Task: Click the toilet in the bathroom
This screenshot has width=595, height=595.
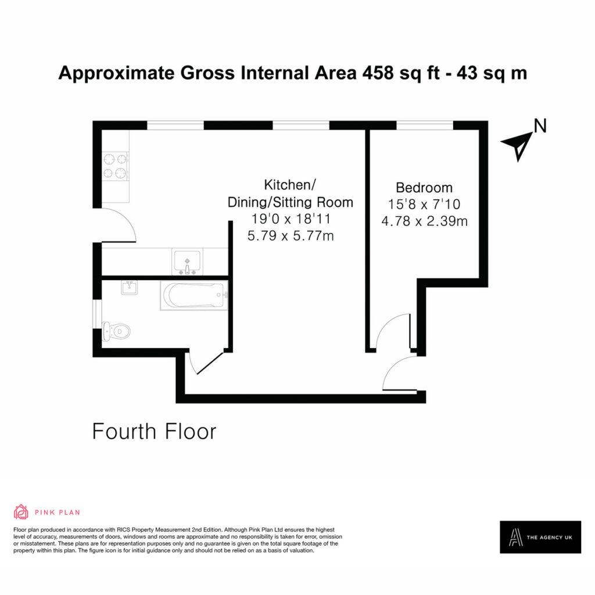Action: [x=116, y=332]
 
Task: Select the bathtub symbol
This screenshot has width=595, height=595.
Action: [x=194, y=296]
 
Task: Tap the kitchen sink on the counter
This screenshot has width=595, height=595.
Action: [x=187, y=261]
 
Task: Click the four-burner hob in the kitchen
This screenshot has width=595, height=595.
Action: [x=116, y=166]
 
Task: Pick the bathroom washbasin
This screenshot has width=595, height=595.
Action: [x=130, y=287]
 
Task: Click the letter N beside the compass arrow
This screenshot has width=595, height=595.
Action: [x=540, y=126]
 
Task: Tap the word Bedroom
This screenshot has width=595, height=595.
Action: [x=424, y=188]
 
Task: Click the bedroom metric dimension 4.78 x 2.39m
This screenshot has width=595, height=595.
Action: [x=424, y=221]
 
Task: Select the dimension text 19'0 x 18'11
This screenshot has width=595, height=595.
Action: [x=291, y=219]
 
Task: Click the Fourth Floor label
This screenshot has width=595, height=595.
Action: [x=154, y=432]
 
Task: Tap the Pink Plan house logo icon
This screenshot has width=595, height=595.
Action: [x=21, y=512]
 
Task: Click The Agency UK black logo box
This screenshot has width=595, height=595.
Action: [x=540, y=537]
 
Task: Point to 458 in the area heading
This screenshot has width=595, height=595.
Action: [x=378, y=73]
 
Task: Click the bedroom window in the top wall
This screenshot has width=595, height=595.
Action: [x=425, y=126]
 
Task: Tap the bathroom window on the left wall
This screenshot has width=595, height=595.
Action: [x=98, y=314]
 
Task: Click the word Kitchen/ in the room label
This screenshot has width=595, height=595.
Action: [x=290, y=185]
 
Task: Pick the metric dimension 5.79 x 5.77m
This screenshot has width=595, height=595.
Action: [x=291, y=236]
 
